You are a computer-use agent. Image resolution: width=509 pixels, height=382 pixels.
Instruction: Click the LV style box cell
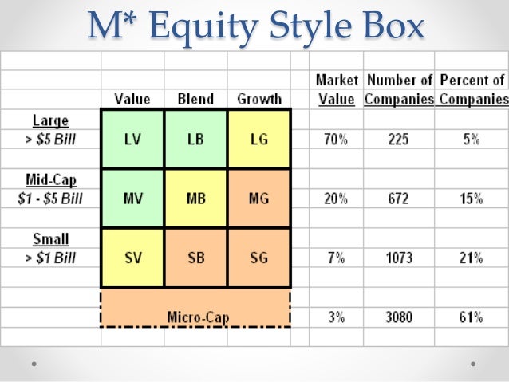(132, 139)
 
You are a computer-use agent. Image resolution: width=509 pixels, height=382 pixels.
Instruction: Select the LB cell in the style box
(195, 139)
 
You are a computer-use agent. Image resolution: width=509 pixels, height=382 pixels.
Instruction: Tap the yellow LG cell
(258, 139)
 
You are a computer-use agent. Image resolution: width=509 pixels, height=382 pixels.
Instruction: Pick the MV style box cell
(132, 199)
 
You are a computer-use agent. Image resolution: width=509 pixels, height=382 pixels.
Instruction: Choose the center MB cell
(195, 199)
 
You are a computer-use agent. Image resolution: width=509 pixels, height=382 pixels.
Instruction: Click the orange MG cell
(258, 199)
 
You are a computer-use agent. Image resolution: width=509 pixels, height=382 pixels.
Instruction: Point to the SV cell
(132, 258)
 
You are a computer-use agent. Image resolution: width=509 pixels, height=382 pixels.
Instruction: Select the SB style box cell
(195, 258)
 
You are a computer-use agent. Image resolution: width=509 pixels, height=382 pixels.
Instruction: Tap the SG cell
(258, 258)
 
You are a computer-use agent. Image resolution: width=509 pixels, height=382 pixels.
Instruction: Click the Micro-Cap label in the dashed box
(197, 317)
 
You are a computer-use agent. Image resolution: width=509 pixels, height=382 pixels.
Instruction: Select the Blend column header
(195, 99)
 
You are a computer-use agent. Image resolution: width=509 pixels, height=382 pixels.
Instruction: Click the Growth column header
(259, 99)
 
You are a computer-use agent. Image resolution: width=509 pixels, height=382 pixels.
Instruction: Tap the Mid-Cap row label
(50, 179)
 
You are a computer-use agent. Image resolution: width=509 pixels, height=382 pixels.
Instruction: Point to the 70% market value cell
(335, 139)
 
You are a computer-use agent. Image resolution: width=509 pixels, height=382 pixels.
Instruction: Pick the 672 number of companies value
(399, 199)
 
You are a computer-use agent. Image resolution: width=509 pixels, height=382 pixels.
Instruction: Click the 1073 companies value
(399, 258)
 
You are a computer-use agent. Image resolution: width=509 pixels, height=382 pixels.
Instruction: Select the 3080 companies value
(399, 317)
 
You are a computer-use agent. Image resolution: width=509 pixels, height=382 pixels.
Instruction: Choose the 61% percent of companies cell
(471, 317)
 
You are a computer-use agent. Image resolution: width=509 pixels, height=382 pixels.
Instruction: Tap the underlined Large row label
(50, 121)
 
